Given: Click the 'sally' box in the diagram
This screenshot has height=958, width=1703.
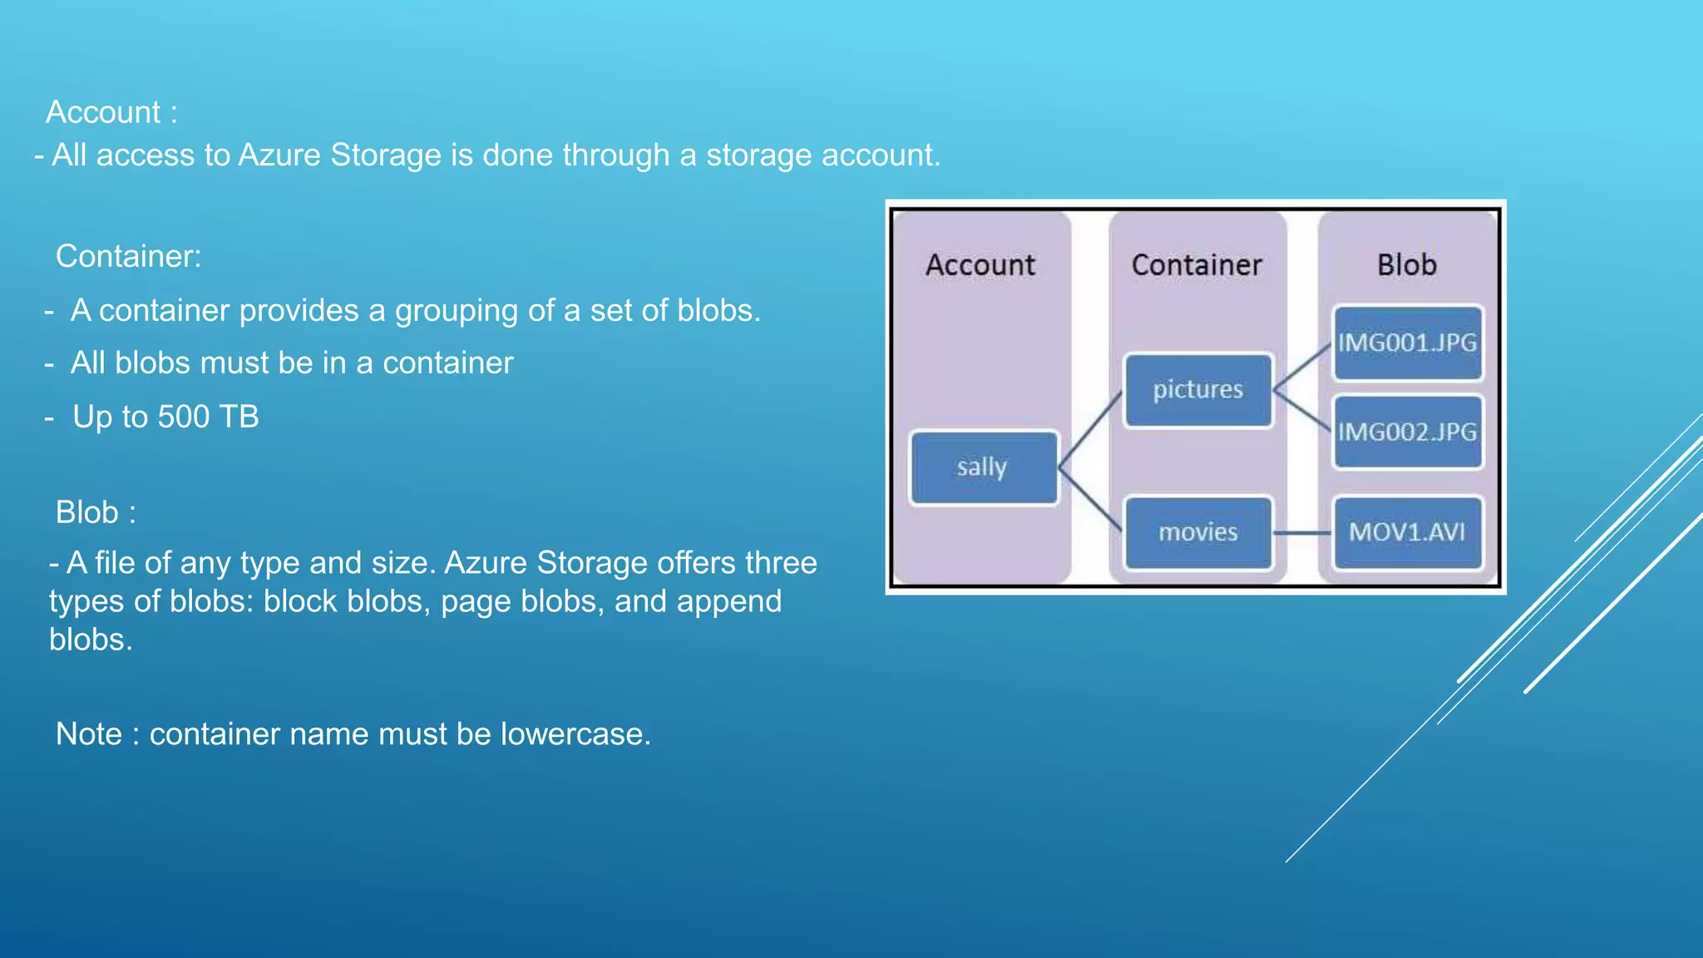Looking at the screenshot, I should [983, 467].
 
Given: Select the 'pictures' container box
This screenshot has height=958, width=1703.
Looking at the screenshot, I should [1197, 390].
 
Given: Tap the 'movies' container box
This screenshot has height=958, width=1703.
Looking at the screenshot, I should [1197, 532].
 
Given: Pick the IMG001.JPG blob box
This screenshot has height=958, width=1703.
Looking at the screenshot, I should [1407, 343].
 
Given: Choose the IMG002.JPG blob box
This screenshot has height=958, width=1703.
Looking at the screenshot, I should [1407, 432].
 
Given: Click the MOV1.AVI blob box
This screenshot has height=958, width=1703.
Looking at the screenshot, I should [1407, 532].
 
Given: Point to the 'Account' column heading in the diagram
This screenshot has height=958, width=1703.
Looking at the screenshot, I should [980, 265].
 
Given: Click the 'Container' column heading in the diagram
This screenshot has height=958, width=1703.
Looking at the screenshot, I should [1197, 265].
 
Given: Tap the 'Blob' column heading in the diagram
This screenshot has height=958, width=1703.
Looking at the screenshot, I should [1407, 265].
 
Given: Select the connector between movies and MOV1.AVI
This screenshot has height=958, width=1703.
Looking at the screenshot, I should [1302, 533].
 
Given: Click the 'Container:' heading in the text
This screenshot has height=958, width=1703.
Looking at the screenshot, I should [128, 256].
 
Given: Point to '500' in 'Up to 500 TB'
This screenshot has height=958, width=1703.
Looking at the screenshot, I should [184, 417].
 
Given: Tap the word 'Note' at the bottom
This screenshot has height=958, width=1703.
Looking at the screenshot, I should [88, 734].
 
